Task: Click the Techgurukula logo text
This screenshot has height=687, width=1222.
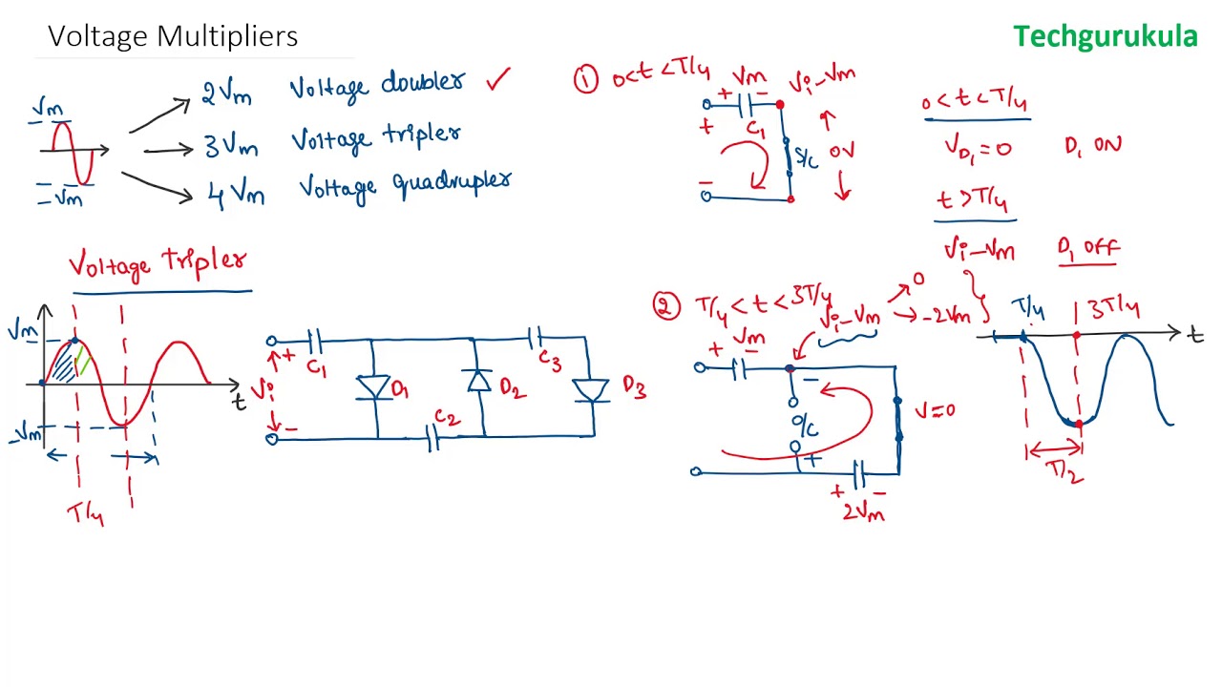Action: pos(1105,37)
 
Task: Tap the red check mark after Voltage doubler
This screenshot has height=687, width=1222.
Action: pos(498,79)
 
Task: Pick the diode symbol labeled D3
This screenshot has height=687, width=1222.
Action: pos(592,390)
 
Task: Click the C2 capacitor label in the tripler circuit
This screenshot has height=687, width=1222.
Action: pos(446,418)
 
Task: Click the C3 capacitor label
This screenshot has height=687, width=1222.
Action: pos(549,360)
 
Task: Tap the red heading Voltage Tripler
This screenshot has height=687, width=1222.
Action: pos(158,262)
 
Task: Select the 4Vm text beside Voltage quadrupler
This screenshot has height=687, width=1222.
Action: pos(235,196)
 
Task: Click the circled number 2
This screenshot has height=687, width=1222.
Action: pos(664,305)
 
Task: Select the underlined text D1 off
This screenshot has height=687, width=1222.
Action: pos(1087,248)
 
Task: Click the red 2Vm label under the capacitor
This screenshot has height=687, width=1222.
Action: pos(862,512)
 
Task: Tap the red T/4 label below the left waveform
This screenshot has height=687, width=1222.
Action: pos(85,515)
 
